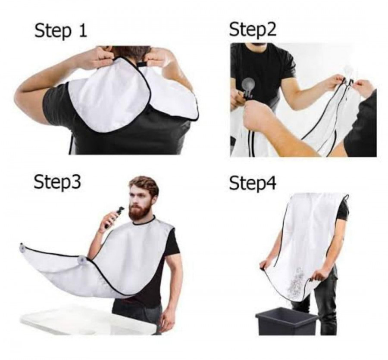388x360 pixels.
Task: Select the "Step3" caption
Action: click(57, 182)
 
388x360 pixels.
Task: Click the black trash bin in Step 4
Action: click(286, 323)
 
